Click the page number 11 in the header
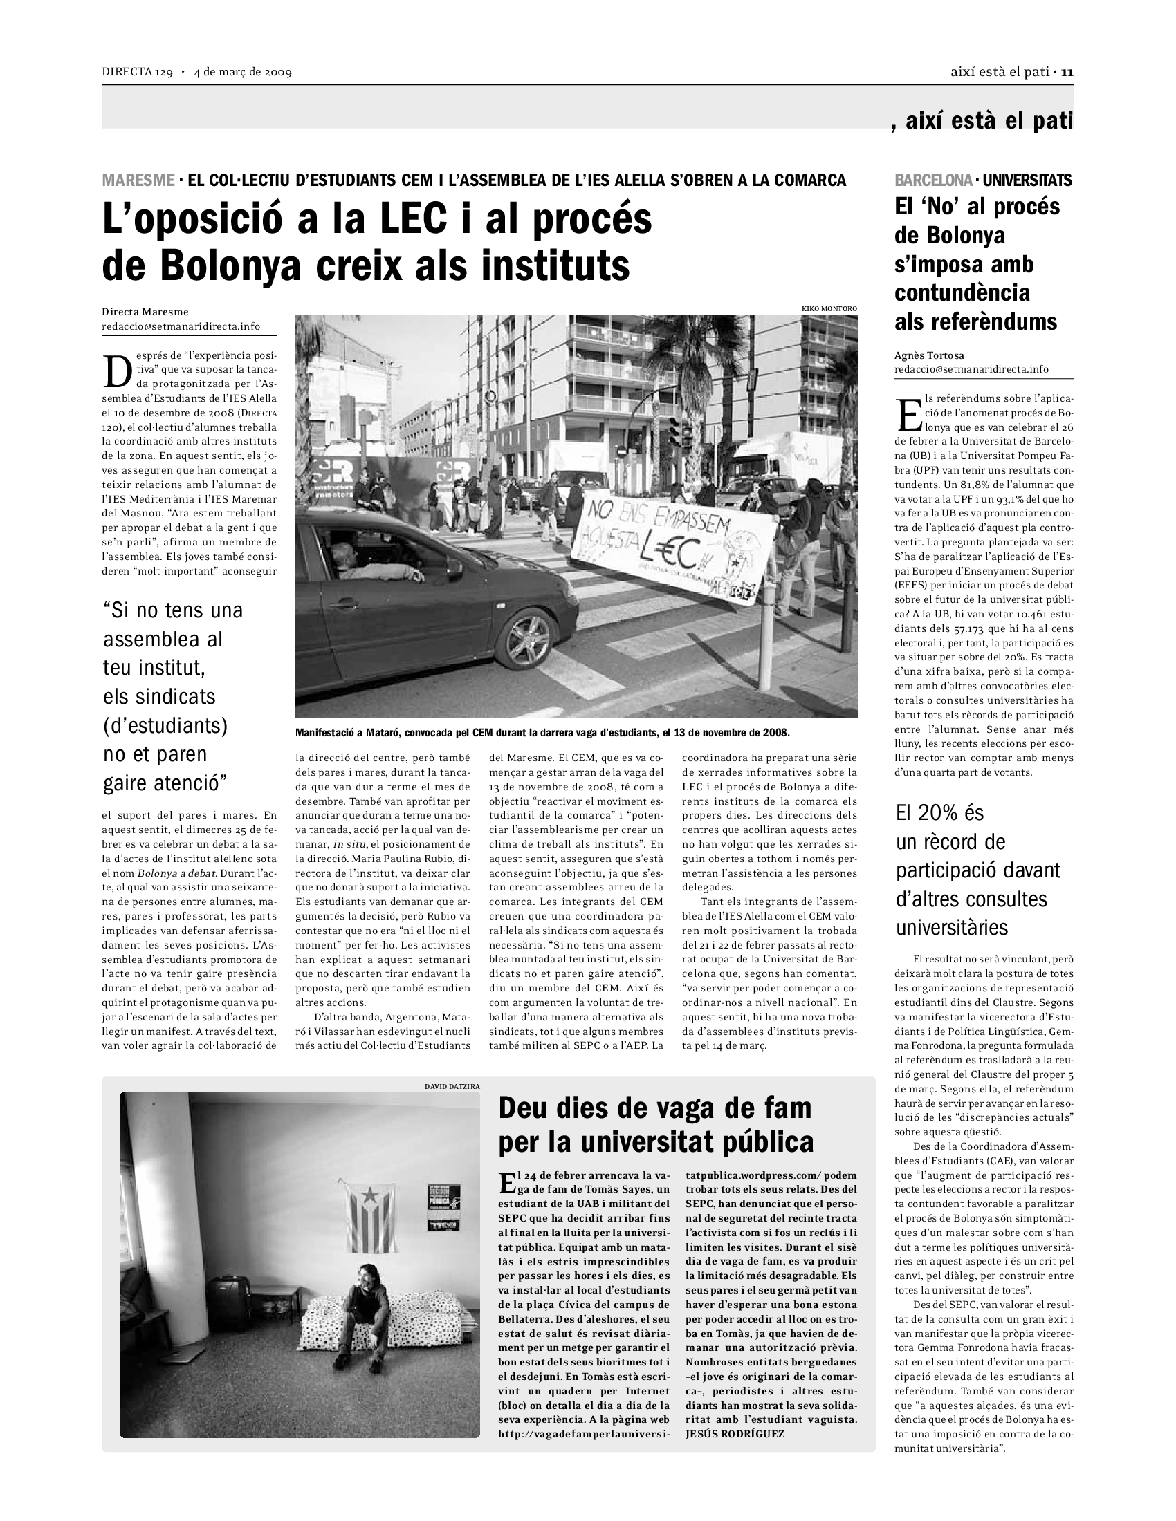click(x=1067, y=72)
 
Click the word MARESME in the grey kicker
click(x=138, y=180)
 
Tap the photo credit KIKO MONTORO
click(x=829, y=308)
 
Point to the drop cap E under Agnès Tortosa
click(x=908, y=416)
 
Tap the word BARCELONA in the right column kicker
click(x=933, y=180)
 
